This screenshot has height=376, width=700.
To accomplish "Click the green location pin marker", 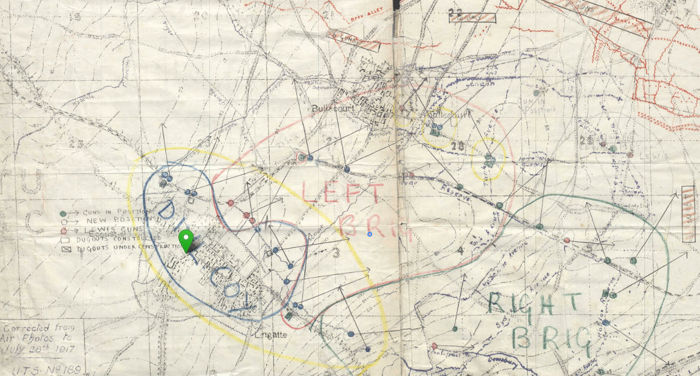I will (x=185, y=240).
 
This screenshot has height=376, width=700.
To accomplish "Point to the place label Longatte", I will (x=271, y=335).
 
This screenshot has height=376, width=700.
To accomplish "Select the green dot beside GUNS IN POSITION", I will (x=64, y=213).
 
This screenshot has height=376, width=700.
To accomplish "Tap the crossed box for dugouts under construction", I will (x=64, y=248).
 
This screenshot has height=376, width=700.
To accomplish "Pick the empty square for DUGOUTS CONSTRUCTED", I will (x=64, y=239).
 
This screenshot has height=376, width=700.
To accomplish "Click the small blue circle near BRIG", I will (x=369, y=234).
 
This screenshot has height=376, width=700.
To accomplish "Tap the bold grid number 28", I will (x=457, y=145).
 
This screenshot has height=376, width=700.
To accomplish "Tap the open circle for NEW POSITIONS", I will (x=64, y=221).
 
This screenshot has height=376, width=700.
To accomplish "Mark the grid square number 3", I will (x=336, y=252).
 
